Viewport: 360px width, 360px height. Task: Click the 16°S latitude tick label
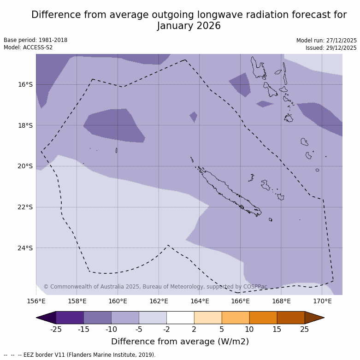coord(25,84)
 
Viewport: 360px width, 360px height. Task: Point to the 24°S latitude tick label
coord(25,248)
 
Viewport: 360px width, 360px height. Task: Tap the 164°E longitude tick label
coord(200,301)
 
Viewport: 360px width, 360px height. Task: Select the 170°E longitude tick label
coord(322,301)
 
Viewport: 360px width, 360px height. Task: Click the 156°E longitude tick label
coord(36,301)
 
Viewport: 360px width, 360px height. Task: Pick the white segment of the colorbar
coord(180,318)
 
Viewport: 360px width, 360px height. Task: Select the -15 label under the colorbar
coord(83,329)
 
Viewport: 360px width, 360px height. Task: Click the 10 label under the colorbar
coord(249,329)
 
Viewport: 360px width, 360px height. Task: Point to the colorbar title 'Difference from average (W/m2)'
coord(180,342)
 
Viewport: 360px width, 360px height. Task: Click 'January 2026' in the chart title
coord(189,26)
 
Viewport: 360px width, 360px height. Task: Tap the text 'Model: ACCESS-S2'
coord(28,47)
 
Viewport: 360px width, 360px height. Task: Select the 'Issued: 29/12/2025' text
coord(331,48)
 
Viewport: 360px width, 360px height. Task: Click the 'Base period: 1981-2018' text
coord(35,40)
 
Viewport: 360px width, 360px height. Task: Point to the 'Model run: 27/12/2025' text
coord(326,41)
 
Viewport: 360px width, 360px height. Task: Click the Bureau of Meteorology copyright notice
coord(155,287)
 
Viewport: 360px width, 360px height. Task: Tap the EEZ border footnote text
coord(80,355)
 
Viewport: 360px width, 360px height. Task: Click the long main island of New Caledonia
coord(228,191)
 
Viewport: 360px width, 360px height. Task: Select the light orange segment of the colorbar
coord(208,318)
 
